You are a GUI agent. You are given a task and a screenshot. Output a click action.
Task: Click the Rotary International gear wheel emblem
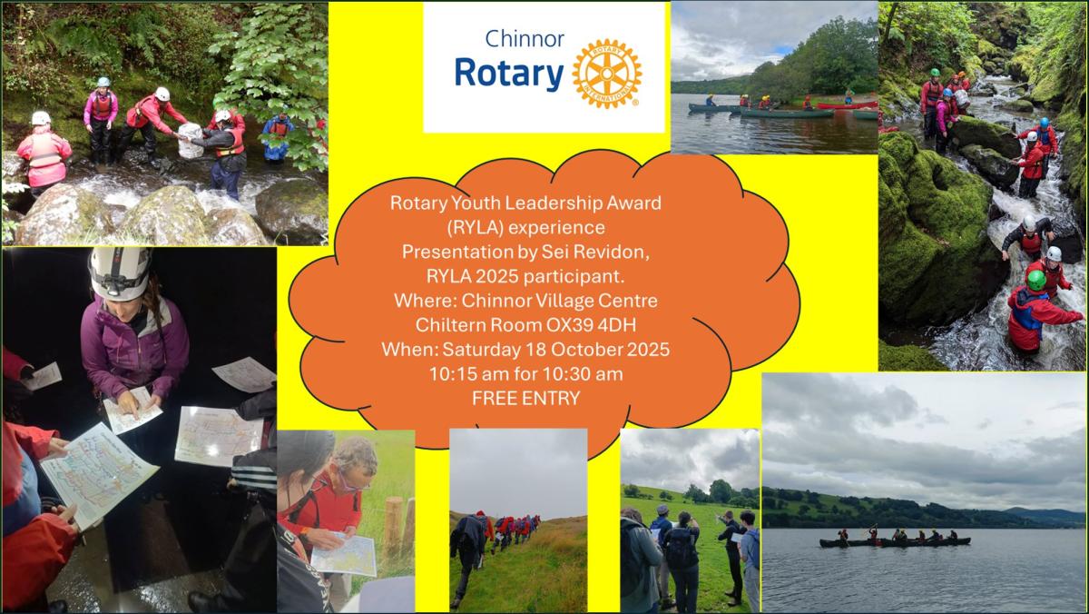607,74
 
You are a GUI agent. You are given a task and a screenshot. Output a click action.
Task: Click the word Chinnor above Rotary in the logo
525,39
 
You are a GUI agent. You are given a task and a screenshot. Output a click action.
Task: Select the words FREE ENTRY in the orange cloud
526,399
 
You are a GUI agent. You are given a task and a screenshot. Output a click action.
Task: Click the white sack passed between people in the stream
191,141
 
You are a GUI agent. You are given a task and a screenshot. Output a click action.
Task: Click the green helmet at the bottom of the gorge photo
1036,281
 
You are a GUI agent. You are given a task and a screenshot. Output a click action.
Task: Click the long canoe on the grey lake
895,542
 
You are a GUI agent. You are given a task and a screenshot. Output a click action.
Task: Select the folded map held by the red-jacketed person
344,554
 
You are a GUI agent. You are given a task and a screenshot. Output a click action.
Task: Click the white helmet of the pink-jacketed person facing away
41,118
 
